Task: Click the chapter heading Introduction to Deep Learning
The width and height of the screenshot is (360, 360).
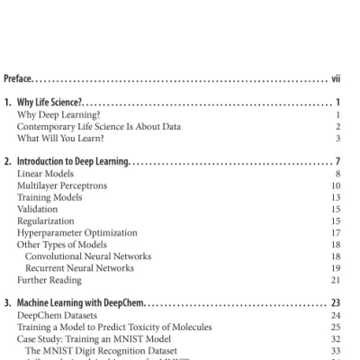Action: tap(75, 161)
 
